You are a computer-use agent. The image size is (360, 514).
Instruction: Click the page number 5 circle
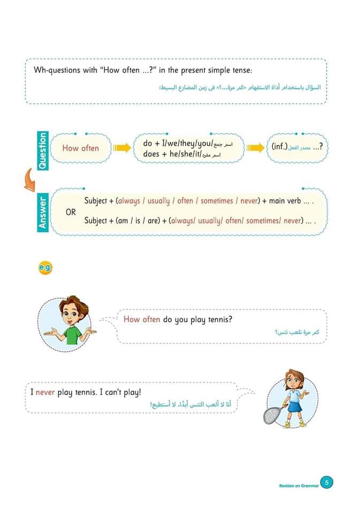click(x=327, y=482)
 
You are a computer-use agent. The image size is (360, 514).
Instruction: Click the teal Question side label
click(x=43, y=150)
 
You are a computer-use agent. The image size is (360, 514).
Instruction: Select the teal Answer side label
click(x=43, y=213)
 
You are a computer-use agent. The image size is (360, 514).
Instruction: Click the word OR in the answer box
click(x=71, y=212)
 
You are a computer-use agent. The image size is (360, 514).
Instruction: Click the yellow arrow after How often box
click(x=122, y=148)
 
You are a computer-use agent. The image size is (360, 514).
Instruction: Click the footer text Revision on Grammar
click(x=298, y=486)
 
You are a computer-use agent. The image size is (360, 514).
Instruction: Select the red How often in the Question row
click(x=80, y=148)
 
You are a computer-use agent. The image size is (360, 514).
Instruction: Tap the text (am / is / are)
click(x=136, y=220)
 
